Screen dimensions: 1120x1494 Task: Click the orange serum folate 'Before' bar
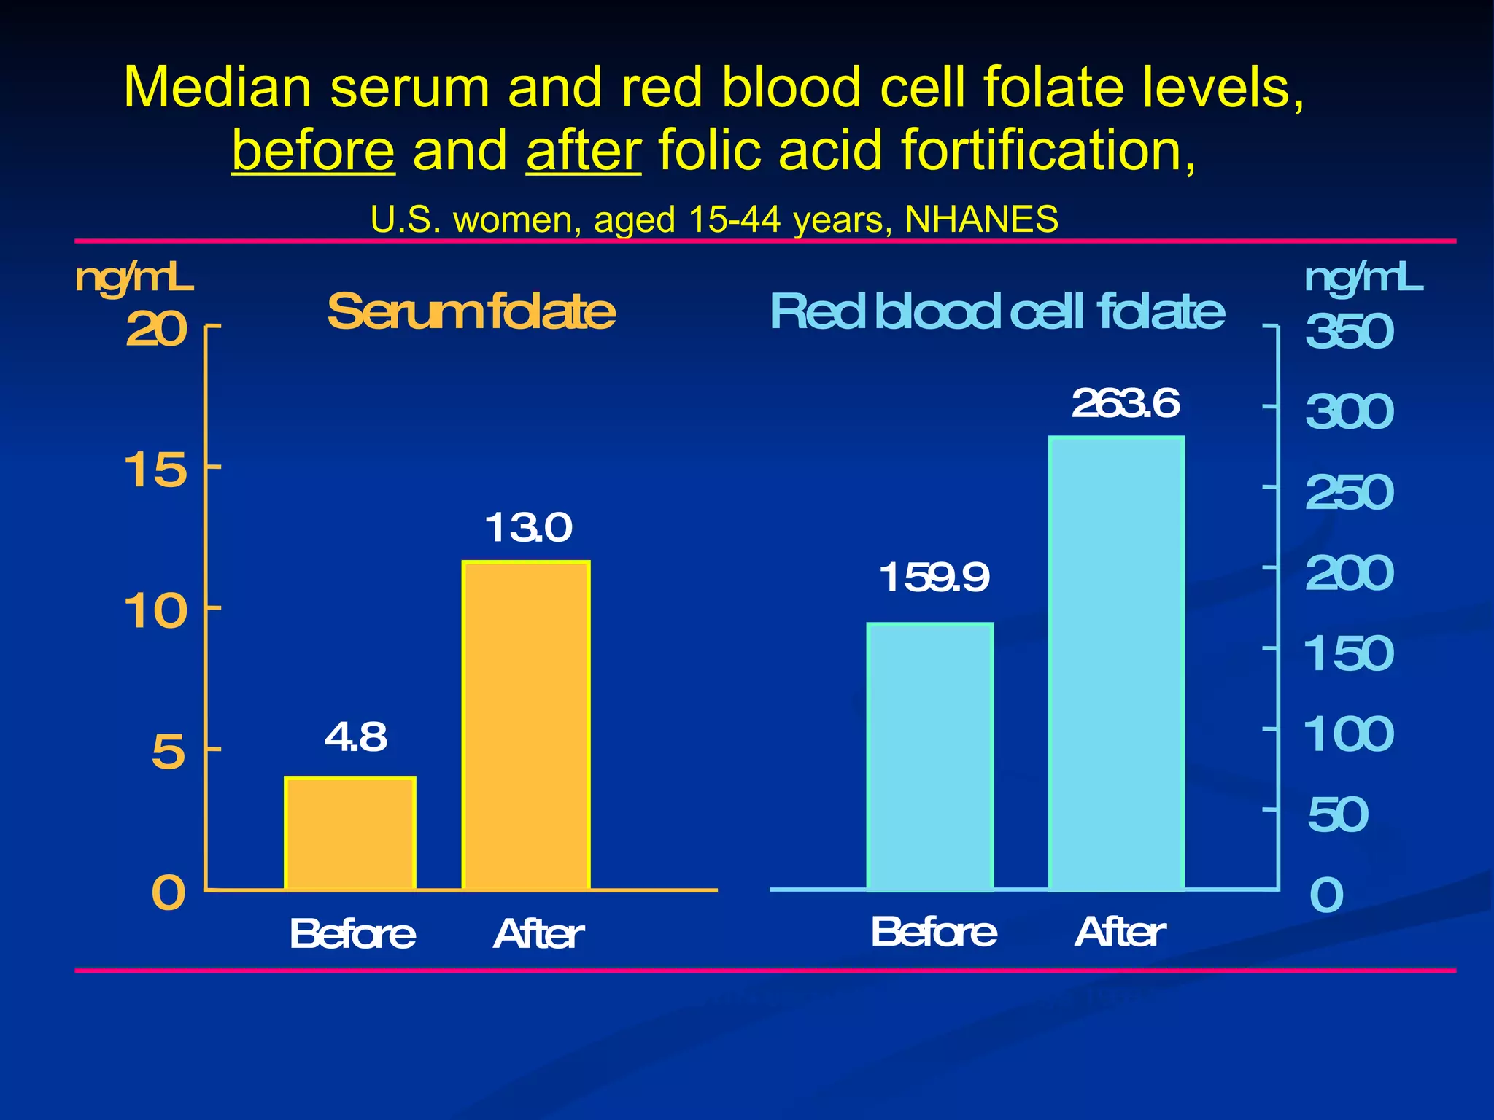click(350, 833)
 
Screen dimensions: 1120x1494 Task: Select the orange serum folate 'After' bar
click(526, 726)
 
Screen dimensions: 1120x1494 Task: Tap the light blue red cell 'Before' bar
click(930, 757)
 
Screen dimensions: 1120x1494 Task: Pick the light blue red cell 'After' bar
click(1116, 664)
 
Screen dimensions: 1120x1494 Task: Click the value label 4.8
click(355, 737)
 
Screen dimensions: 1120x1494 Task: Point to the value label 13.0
click(528, 528)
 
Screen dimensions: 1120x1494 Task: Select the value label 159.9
click(934, 578)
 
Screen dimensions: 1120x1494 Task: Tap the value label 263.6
click(1125, 404)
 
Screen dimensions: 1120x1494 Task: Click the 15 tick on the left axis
click(155, 470)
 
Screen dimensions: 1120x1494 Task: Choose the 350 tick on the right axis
click(1349, 332)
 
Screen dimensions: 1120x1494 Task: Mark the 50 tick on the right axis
click(1337, 814)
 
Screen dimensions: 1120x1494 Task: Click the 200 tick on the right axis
click(1349, 573)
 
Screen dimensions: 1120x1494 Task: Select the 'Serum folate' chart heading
click(471, 312)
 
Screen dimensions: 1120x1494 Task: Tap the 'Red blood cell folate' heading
click(996, 312)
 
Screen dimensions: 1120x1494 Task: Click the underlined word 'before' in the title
click(314, 150)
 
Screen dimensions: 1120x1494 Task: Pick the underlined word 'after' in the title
click(584, 150)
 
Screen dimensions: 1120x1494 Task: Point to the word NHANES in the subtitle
click(981, 219)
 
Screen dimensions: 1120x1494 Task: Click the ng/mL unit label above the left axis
click(134, 279)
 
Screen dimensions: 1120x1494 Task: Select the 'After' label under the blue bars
click(1120, 932)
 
